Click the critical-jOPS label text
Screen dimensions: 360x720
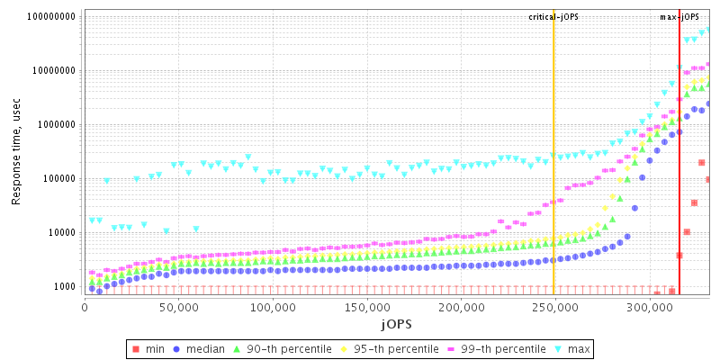tap(553, 17)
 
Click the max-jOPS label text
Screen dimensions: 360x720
tap(679, 17)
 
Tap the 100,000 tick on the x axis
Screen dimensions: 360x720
tap(273, 306)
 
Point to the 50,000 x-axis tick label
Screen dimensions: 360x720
tap(178, 306)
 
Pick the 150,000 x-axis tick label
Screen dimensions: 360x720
tap(366, 306)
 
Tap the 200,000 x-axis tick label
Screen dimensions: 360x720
tap(461, 306)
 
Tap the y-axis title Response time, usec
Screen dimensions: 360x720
tap(17, 152)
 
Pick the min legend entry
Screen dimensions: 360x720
tap(155, 348)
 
